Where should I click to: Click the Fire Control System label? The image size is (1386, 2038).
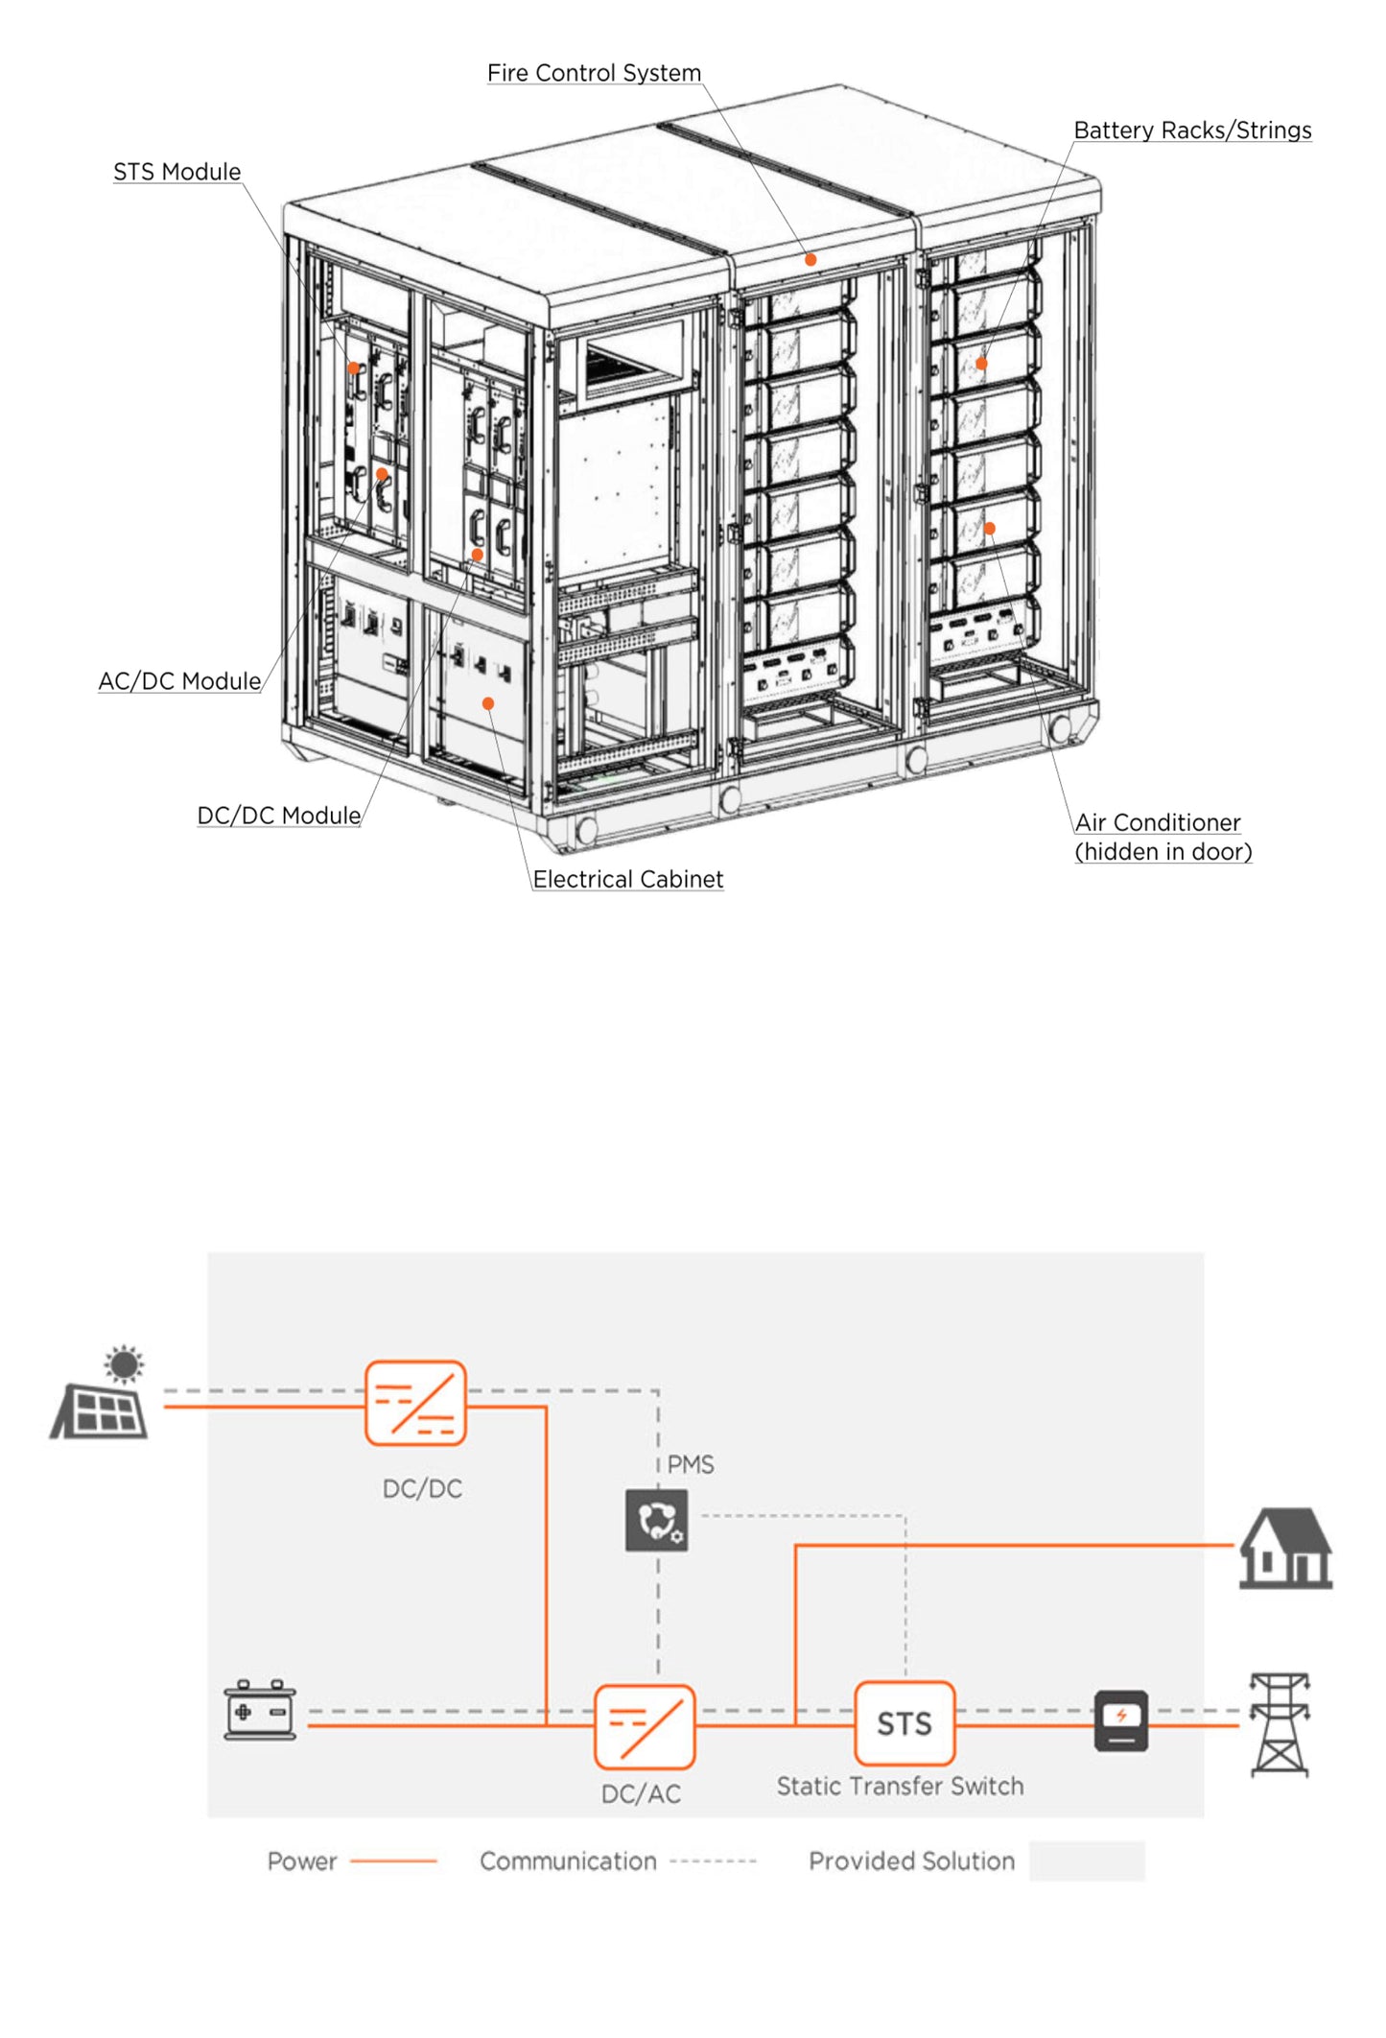click(x=594, y=73)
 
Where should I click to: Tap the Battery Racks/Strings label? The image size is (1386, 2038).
click(x=1191, y=130)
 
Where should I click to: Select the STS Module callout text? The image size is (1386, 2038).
click(x=177, y=172)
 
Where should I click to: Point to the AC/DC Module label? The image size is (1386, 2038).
click(x=179, y=681)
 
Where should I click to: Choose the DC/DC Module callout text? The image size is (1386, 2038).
click(x=279, y=816)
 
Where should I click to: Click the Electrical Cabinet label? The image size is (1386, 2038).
click(x=627, y=879)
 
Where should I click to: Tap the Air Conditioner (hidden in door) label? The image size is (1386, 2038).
click(x=1163, y=837)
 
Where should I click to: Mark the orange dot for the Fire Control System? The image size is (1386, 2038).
click(x=810, y=259)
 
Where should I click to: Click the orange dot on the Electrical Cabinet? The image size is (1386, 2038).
click(x=488, y=703)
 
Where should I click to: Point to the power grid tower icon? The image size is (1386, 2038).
click(x=1280, y=1723)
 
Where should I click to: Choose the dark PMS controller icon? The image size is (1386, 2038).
click(x=656, y=1520)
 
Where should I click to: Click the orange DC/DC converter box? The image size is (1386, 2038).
click(x=415, y=1402)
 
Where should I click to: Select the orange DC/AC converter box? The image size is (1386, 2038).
click(x=644, y=1726)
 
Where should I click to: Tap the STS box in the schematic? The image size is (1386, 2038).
click(x=904, y=1723)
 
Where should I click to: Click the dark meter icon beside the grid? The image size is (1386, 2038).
click(x=1121, y=1720)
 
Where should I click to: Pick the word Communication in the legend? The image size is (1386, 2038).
click(x=568, y=1861)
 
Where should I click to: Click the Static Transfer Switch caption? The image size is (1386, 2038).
click(x=900, y=1786)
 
